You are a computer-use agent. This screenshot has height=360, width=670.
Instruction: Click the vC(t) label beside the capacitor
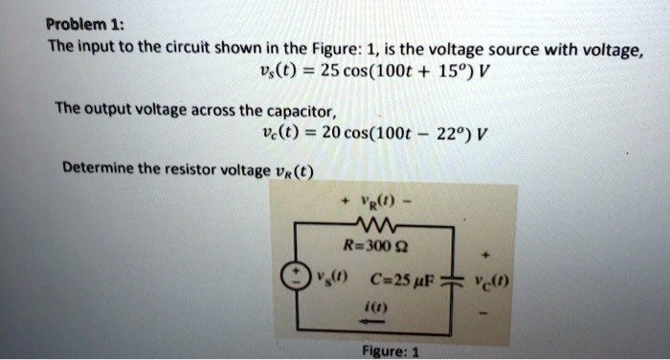(498, 284)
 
